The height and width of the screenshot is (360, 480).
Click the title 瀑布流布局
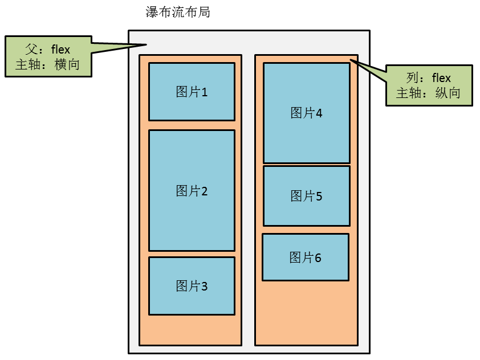tap(178, 12)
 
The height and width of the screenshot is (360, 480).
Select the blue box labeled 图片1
tap(192, 91)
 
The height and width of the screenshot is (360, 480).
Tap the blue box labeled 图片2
tap(192, 190)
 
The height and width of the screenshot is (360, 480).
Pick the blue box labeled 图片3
tap(192, 285)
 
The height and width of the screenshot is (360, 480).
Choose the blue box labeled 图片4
tap(306, 113)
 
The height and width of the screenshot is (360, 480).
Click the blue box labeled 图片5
tap(306, 195)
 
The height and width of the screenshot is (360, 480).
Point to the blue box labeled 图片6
tap(305, 257)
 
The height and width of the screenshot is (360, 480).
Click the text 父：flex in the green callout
tap(48, 49)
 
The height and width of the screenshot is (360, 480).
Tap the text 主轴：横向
tap(48, 64)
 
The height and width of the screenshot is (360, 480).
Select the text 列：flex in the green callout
tap(429, 77)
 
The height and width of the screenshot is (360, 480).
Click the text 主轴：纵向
tap(429, 93)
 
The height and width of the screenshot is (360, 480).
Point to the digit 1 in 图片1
tap(204, 92)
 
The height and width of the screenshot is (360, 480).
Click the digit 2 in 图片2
tap(204, 191)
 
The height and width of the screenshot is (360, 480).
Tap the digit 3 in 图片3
tap(204, 286)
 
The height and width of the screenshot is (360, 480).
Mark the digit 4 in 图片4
tap(319, 113)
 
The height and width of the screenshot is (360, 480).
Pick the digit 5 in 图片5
tap(319, 197)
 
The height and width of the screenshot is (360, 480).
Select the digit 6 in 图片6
tap(318, 258)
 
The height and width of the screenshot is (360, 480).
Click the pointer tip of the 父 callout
tap(147, 45)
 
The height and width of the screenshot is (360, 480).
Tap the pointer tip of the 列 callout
tap(351, 60)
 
